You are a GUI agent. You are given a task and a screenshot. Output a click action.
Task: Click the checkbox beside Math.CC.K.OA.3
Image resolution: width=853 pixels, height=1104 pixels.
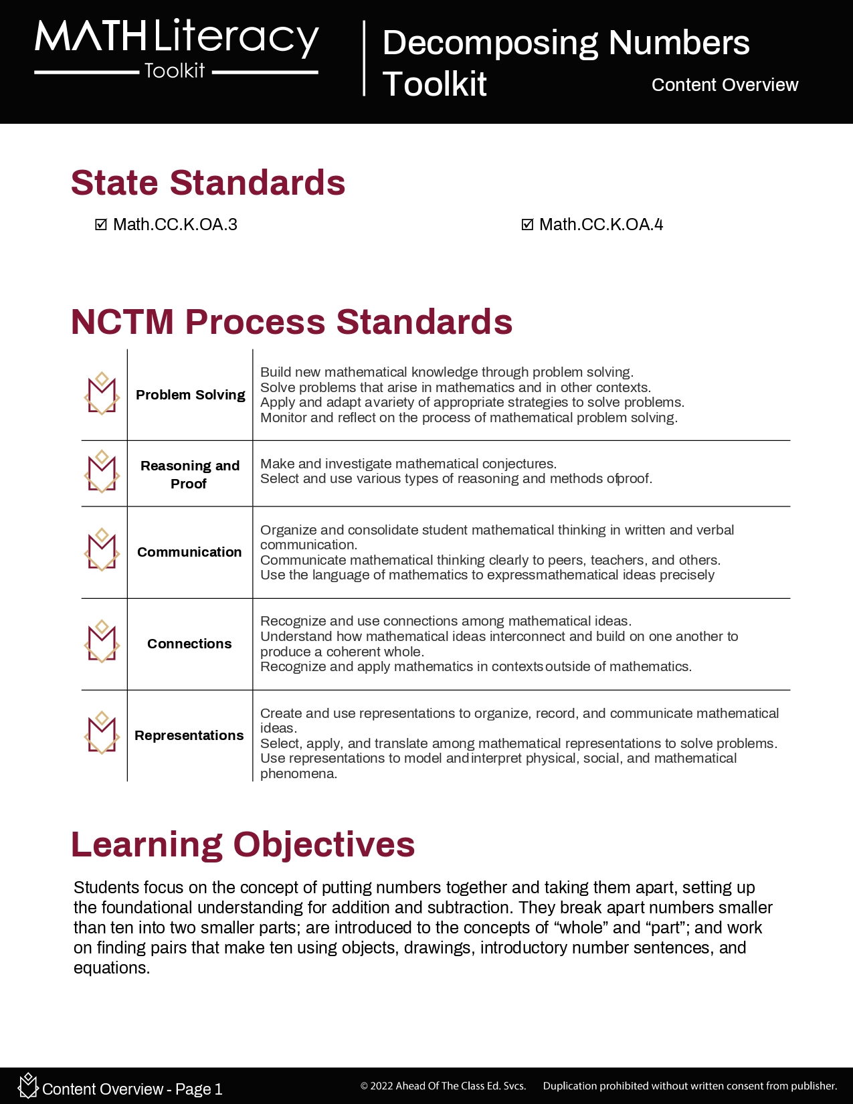101,225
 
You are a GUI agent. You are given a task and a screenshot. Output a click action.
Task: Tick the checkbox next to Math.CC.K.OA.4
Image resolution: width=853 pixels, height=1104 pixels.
527,225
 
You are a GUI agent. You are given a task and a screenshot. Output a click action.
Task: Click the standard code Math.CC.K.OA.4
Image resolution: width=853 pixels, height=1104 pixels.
601,225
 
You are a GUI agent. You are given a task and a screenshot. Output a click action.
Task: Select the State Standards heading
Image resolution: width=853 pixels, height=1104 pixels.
208,183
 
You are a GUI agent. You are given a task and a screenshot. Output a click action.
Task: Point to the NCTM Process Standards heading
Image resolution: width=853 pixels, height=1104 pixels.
292,322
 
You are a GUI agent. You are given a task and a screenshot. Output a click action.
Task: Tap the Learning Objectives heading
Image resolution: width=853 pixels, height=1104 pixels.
243,844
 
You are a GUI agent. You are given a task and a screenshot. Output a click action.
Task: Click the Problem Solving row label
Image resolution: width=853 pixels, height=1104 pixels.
190,395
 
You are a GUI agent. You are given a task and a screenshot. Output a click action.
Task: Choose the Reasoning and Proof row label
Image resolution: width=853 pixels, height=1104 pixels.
189,474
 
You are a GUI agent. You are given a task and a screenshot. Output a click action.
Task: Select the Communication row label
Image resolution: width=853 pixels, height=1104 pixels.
189,552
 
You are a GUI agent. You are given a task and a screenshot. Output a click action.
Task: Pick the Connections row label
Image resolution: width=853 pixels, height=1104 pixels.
189,644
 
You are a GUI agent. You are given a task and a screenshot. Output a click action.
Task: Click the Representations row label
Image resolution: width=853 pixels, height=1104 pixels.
189,735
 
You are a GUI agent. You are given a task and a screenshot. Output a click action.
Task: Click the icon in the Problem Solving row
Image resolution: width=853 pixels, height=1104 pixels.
102,394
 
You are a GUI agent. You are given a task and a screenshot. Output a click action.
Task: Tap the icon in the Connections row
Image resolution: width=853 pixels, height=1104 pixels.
102,642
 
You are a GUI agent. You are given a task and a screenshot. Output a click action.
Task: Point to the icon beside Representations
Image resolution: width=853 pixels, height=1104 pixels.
102,733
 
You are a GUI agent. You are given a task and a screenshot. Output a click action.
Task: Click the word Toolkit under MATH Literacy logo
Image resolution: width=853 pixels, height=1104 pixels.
175,71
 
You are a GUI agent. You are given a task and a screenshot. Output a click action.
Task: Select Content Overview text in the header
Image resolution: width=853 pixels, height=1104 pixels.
725,85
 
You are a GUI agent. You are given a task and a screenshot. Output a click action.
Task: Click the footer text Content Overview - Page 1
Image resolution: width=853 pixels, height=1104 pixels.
132,1089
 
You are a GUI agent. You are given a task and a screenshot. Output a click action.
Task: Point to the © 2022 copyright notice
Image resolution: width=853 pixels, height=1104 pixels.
443,1086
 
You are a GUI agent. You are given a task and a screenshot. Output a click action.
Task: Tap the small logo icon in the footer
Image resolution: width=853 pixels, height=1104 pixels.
27,1085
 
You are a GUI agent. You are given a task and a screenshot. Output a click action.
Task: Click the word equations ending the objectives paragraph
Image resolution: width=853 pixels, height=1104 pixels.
110,968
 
